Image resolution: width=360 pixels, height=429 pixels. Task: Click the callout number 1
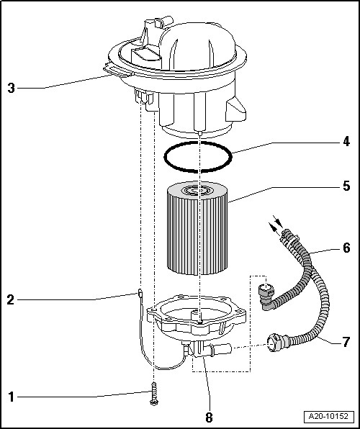click(11, 397)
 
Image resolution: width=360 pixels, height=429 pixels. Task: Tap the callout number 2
click(10, 300)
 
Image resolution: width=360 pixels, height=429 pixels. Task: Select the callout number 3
click(11, 88)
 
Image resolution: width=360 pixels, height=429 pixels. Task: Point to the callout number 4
click(346, 142)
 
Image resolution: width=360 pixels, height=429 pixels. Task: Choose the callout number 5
click(346, 186)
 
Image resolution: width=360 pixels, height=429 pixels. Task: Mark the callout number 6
click(346, 248)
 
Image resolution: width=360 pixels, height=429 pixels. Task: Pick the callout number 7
click(346, 342)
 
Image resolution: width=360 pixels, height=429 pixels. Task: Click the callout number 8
click(209, 417)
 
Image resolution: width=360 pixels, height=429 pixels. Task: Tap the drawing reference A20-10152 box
click(328, 417)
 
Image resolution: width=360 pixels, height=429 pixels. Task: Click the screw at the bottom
click(153, 394)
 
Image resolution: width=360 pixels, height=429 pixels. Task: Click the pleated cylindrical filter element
click(197, 228)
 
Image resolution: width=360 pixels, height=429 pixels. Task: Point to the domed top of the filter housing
click(198, 47)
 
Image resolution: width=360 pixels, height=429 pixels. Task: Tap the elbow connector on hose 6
click(266, 297)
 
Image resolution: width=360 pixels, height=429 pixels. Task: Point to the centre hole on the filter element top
click(197, 190)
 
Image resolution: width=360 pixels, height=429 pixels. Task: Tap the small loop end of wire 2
click(140, 293)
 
